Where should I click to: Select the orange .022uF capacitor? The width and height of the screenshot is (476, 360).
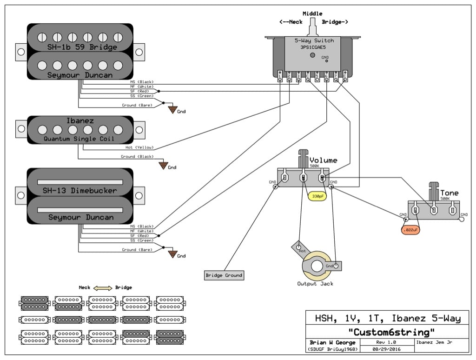(x=410, y=230)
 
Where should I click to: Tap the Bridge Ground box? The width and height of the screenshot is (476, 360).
(x=224, y=275)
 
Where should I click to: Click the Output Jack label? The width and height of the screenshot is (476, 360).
(x=315, y=284)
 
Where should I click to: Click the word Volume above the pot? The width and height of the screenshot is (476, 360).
(x=324, y=160)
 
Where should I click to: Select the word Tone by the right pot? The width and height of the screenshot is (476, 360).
(x=449, y=193)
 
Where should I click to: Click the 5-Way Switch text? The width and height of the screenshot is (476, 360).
(x=314, y=41)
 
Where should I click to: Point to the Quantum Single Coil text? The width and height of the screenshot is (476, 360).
(x=79, y=139)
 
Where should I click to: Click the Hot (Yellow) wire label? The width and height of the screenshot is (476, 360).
(x=139, y=147)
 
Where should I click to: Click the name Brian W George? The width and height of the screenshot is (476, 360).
(x=332, y=342)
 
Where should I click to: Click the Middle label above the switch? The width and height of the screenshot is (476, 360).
(x=312, y=13)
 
